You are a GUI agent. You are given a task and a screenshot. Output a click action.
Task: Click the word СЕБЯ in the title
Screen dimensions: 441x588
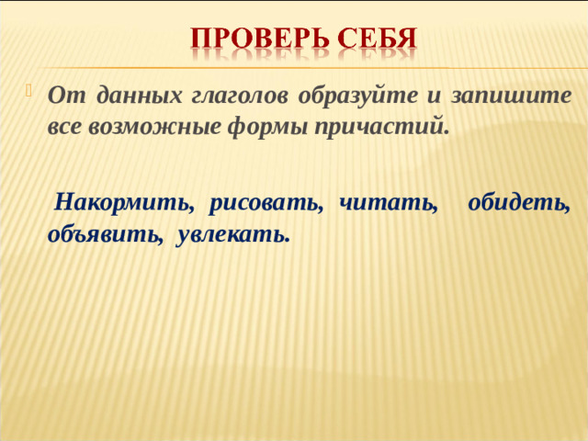(x=377, y=39)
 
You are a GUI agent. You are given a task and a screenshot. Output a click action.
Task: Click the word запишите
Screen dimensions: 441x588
(x=510, y=95)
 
